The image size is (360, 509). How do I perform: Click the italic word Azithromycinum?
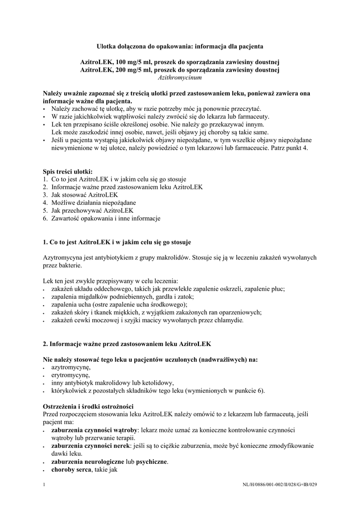[x=180, y=78]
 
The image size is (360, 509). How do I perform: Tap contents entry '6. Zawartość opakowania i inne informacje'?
[x=101, y=218]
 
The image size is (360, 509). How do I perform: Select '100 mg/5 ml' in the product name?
[x=134, y=62]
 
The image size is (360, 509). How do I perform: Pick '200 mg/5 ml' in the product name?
[x=134, y=70]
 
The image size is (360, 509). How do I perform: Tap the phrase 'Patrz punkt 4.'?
[x=289, y=148]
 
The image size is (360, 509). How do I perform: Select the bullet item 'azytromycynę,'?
[x=71, y=367]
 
